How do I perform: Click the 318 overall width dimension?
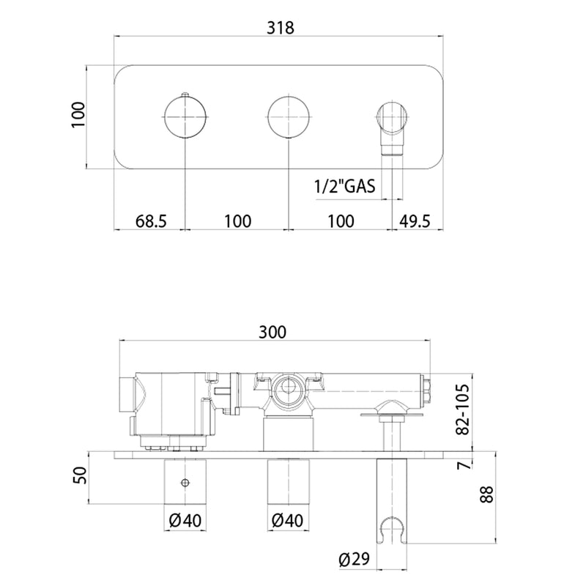(280, 28)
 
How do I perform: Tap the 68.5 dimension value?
(151, 221)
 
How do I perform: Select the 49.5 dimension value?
(415, 221)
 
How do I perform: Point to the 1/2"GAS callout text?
(344, 185)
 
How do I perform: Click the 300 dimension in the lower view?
(272, 332)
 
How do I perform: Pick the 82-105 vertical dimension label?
(462, 409)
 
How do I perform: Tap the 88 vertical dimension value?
(486, 494)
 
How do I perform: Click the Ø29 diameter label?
(354, 560)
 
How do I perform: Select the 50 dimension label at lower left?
(80, 475)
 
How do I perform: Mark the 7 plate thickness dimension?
(463, 464)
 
